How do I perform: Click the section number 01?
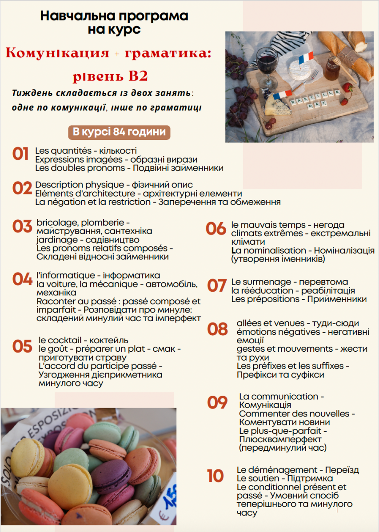click(20, 155)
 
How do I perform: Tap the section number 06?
click(216, 229)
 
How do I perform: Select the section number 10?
click(215, 476)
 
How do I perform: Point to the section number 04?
click(22, 279)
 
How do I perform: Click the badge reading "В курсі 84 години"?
click(119, 132)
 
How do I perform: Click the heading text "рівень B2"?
click(110, 76)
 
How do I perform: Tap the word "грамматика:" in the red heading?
click(168, 54)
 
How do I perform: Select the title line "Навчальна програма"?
click(114, 16)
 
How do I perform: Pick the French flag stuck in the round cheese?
click(306, 58)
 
